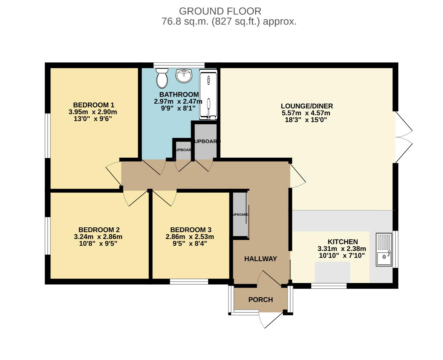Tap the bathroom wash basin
[x=184, y=76]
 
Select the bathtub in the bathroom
[x=208, y=94]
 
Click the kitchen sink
[x=384, y=249]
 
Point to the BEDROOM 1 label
[x=91, y=105]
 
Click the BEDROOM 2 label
[x=99, y=230]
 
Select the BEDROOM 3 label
[x=190, y=230]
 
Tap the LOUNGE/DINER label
[x=307, y=106]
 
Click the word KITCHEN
[x=343, y=242]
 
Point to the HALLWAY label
[x=261, y=259]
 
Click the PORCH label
[x=261, y=300]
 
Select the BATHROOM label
[x=179, y=95]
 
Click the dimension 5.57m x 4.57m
[x=306, y=113]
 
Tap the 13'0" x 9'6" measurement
[x=92, y=119]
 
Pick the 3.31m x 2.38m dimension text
[x=342, y=249]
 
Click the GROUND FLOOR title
[x=220, y=11]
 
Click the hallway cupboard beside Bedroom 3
[x=240, y=214]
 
